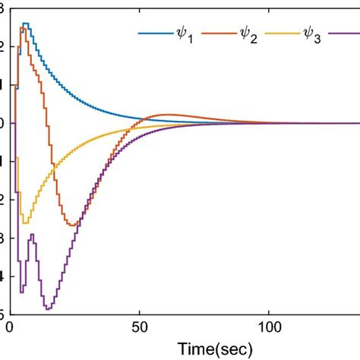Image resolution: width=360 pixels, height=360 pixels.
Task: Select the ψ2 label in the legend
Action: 248,36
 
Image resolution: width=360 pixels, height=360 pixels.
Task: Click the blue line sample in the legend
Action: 154,34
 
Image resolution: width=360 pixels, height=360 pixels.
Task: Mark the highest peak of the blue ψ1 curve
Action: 25,24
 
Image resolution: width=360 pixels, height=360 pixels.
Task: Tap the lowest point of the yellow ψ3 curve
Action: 25,223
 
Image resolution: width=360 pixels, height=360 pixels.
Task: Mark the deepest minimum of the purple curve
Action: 48,308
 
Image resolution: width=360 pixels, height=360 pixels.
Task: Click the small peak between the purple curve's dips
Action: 32,235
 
